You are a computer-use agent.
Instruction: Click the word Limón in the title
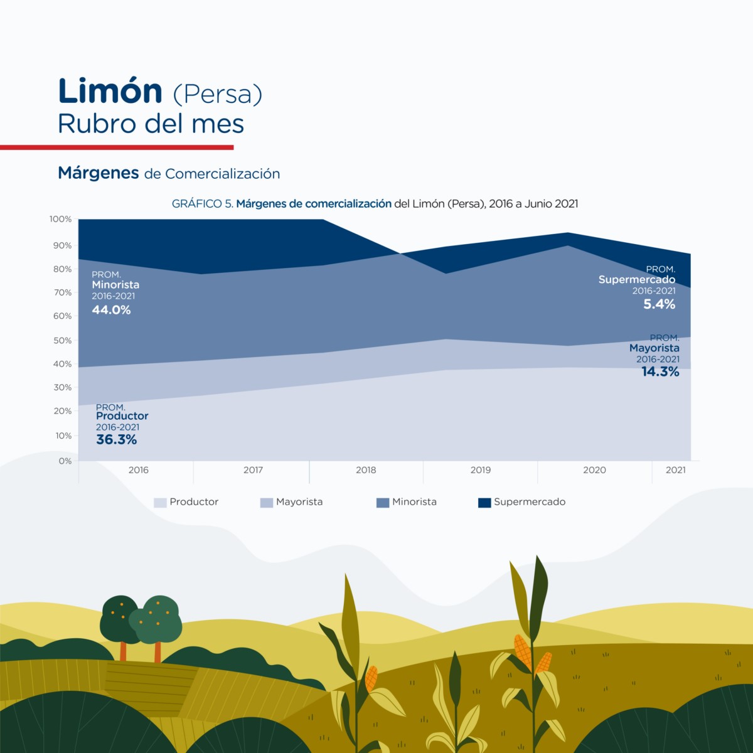click(x=110, y=92)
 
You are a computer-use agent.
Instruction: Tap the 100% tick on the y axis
click(x=61, y=219)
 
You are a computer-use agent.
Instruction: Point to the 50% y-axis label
click(x=62, y=340)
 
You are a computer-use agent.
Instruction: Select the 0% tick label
click(x=65, y=461)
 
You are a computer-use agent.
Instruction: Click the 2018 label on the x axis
click(x=366, y=470)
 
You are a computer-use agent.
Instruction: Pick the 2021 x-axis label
click(x=675, y=470)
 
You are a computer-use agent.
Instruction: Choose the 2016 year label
click(x=138, y=470)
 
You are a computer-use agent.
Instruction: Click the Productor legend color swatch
click(x=160, y=503)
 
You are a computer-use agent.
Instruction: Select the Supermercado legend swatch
click(x=484, y=503)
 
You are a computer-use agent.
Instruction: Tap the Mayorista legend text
click(x=299, y=502)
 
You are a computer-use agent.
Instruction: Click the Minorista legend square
click(x=383, y=503)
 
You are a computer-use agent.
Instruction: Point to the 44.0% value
click(x=111, y=310)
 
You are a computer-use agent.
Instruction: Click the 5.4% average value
click(x=659, y=304)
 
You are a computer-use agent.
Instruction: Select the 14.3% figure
click(x=660, y=372)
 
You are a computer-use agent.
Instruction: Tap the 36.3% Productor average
click(x=116, y=440)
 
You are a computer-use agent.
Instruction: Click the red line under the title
click(x=117, y=147)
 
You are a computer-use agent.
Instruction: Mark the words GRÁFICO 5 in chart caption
click(x=202, y=204)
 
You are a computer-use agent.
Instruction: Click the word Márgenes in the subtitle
click(x=99, y=173)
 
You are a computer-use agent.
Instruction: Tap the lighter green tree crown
click(x=161, y=618)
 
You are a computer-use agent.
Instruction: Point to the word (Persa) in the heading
click(x=217, y=94)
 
